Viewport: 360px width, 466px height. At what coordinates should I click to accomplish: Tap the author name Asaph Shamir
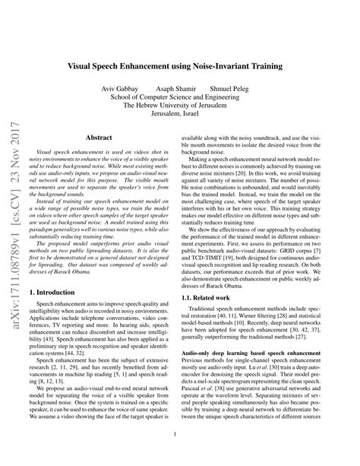click(174, 89)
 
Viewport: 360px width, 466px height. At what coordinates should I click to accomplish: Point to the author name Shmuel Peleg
click(232, 89)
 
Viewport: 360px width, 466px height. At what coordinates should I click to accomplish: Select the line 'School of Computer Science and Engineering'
click(179, 99)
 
